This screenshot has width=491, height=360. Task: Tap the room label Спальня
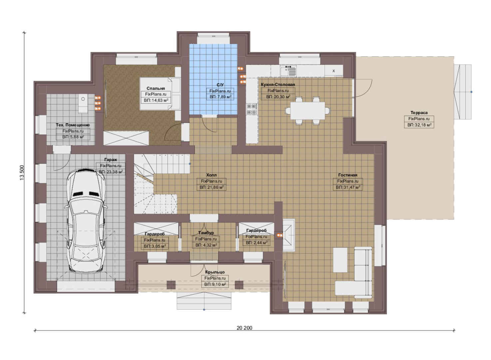(156, 88)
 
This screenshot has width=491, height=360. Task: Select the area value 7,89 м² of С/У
(220, 97)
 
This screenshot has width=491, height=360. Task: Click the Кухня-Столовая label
(278, 84)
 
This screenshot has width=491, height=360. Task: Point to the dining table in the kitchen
(307, 111)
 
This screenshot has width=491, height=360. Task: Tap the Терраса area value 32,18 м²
(419, 125)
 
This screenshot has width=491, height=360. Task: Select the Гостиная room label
(348, 175)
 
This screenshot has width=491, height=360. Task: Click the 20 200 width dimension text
(245, 328)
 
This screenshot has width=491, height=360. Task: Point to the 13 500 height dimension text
(22, 173)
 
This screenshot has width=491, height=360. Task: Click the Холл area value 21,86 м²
(212, 188)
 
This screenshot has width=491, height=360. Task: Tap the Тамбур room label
(206, 233)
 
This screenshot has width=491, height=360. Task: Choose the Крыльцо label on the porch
(215, 272)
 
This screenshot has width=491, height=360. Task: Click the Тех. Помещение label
(73, 125)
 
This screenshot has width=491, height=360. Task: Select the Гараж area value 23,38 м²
(111, 172)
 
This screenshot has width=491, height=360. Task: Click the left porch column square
(171, 285)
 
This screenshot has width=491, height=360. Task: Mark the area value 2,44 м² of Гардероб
(256, 243)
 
